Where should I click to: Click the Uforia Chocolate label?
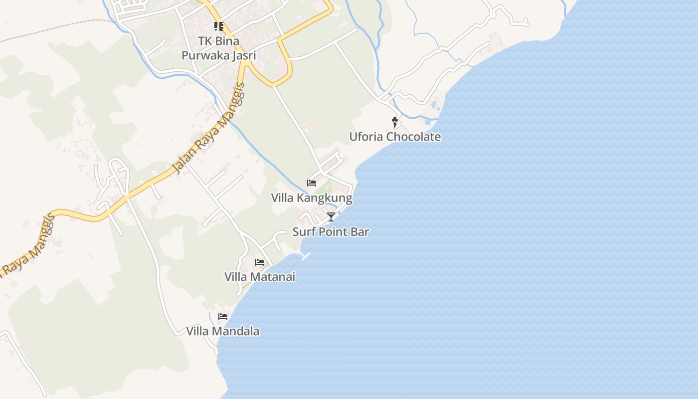(x=395, y=137)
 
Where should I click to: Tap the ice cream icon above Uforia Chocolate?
(x=395, y=122)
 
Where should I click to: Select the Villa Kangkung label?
(x=312, y=198)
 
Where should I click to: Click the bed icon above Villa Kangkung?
(x=312, y=183)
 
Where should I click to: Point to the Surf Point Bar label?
(x=331, y=232)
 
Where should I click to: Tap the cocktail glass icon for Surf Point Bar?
(x=331, y=216)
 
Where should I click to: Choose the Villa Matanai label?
(x=260, y=277)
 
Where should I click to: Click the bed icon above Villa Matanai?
(x=260, y=262)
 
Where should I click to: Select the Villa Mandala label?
(x=223, y=331)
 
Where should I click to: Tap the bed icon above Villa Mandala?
(x=223, y=316)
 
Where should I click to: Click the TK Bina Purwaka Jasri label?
(x=219, y=48)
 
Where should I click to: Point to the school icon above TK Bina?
(x=219, y=26)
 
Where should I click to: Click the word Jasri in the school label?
(x=244, y=55)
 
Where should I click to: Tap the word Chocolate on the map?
(x=414, y=137)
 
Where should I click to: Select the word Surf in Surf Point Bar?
(x=303, y=232)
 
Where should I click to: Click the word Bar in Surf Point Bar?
(x=359, y=232)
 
